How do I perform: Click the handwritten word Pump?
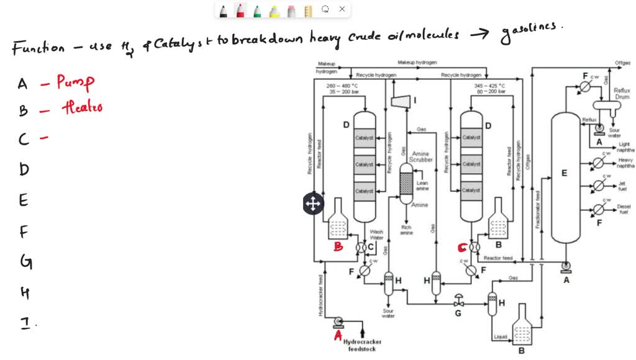pos(75,82)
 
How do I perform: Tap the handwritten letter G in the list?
pos(25,262)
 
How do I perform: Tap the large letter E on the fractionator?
pos(564,173)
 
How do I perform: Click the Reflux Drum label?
pos(622,94)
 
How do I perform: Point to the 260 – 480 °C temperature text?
pos(342,86)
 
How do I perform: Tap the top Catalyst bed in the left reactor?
pos(364,138)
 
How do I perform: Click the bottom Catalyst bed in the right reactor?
pos(471,191)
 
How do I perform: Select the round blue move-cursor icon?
pos(312,203)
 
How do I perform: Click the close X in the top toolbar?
pos(342,9)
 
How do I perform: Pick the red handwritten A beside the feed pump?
pos(338,335)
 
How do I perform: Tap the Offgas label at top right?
pos(622,63)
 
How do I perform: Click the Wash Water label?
pos(377,235)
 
